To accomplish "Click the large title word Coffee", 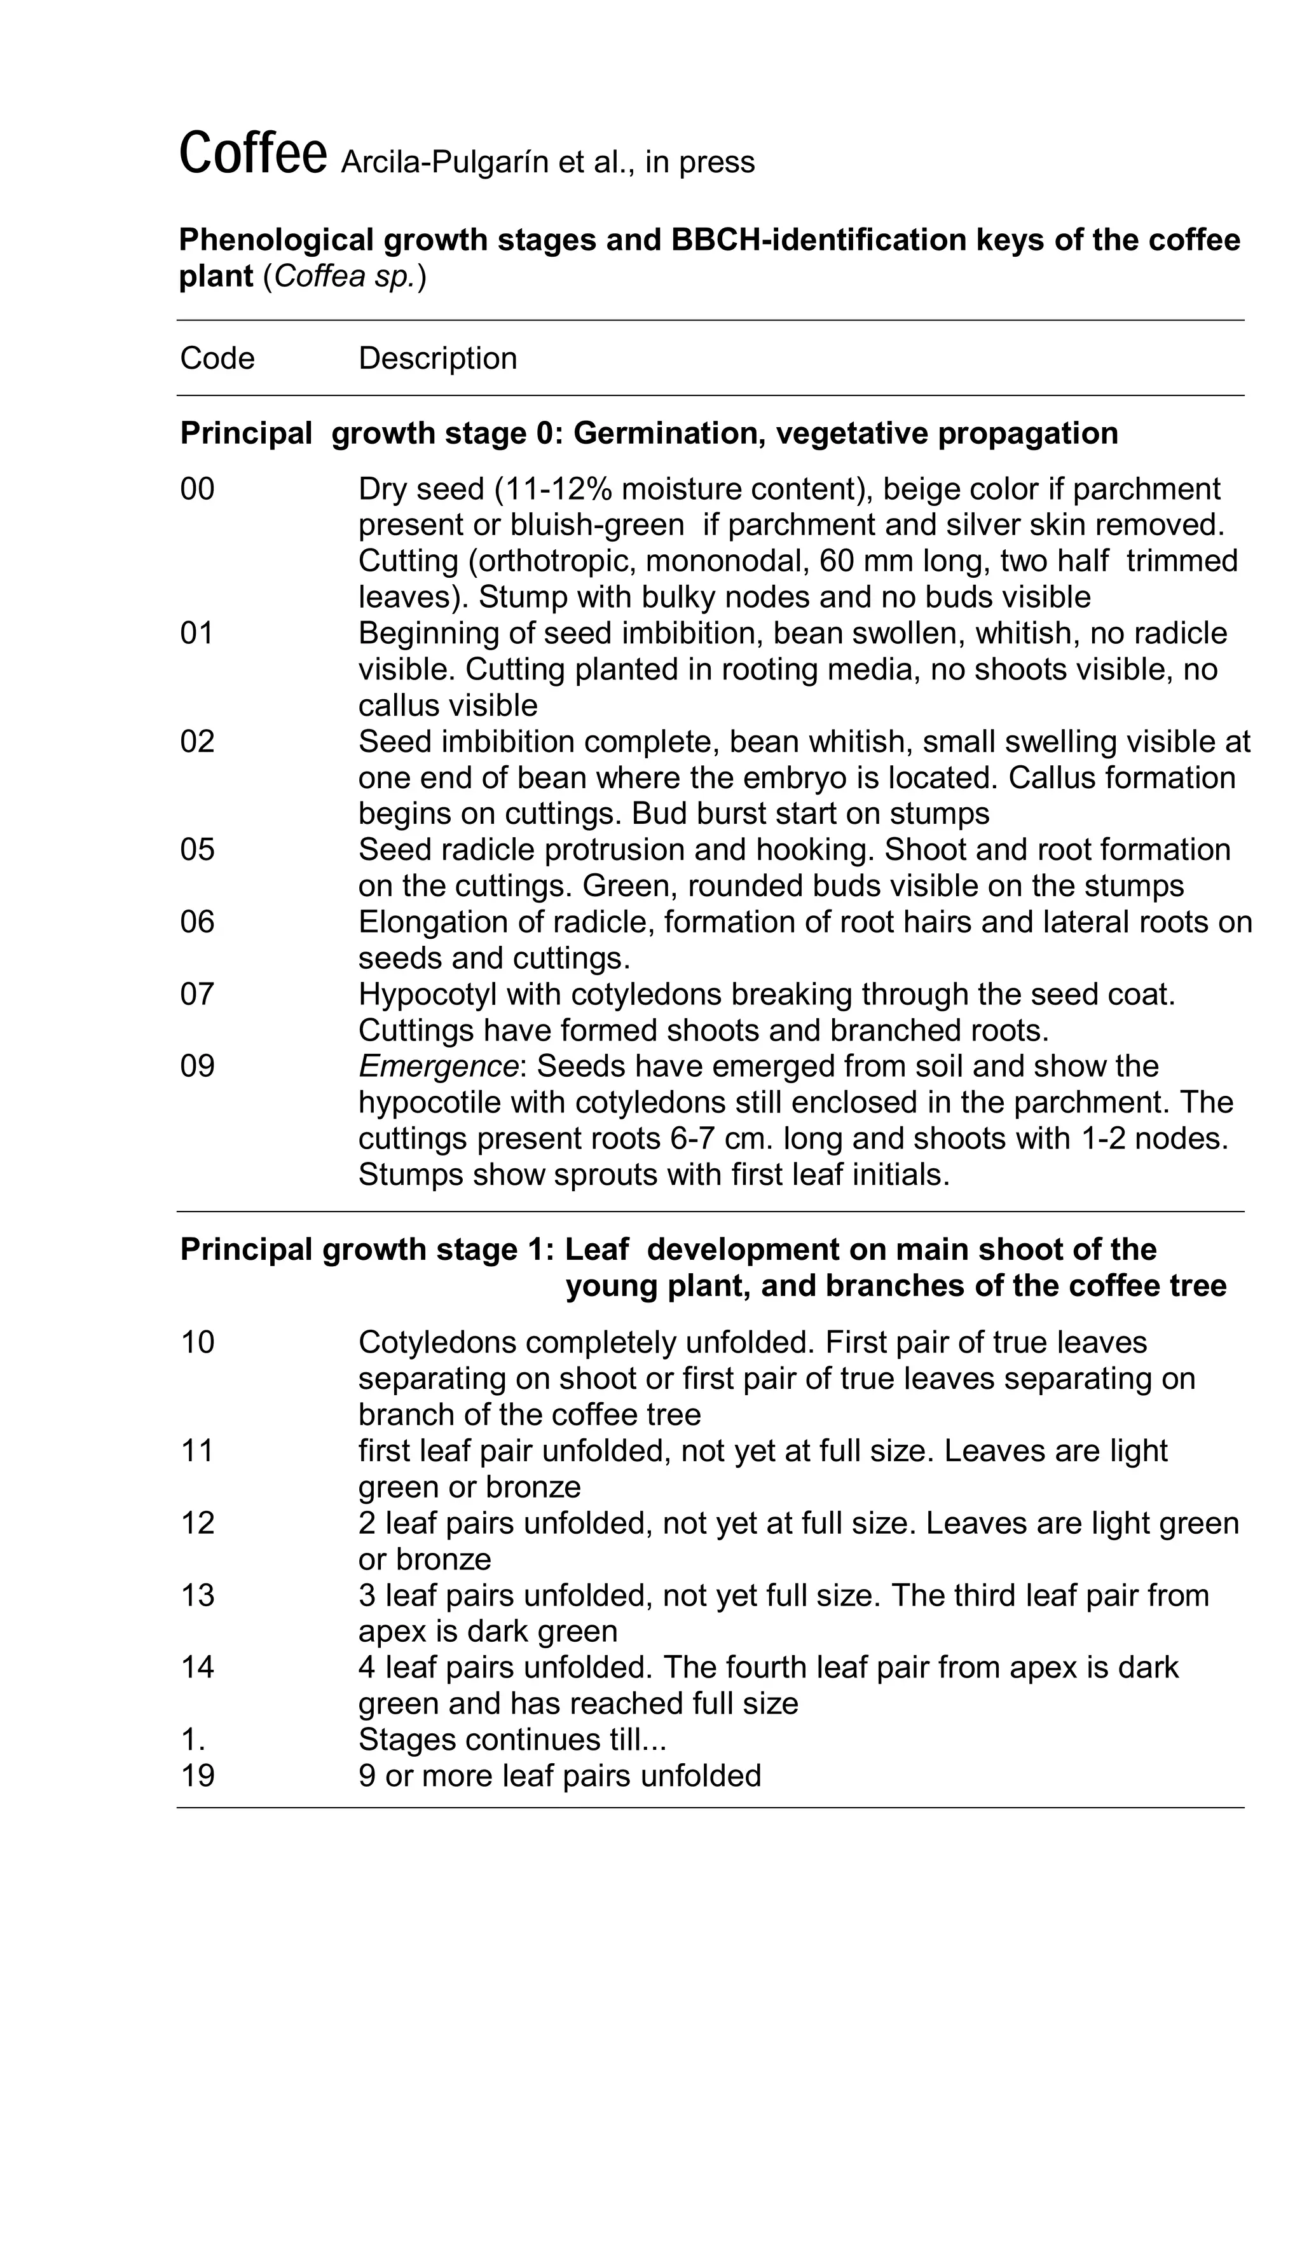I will coord(252,154).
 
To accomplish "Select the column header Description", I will coord(437,358).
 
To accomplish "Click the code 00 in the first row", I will coord(198,489).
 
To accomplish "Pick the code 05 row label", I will coord(198,849).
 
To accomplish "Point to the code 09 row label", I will coord(198,1065).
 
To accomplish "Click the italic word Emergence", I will coord(437,1065).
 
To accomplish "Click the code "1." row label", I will coord(193,1739).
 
